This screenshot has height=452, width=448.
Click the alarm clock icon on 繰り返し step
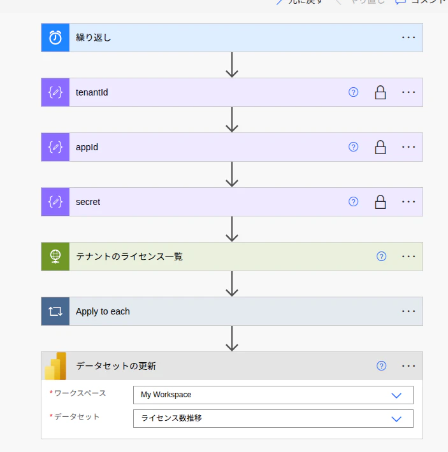[55, 38]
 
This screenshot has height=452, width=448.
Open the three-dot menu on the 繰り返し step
[408, 38]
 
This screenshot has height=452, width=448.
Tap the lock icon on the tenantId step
[380, 92]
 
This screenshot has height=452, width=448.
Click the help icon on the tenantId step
[354, 92]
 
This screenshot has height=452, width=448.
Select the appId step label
[87, 147]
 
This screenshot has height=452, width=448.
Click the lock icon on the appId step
[380, 147]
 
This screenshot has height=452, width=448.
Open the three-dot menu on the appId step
[408, 147]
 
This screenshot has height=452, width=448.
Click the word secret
[88, 202]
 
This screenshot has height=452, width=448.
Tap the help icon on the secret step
[354, 202]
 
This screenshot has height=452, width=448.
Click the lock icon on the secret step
[380, 202]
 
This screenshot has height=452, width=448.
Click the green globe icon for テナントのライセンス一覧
[55, 257]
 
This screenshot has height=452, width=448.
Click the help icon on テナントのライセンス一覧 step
[381, 257]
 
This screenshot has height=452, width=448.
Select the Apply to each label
[103, 311]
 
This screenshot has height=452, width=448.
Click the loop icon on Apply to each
[55, 311]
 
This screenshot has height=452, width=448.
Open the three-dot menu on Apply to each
[408, 311]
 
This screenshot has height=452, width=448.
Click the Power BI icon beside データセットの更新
[55, 366]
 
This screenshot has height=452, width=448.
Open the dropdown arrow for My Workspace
[396, 395]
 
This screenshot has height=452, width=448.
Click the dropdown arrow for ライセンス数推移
[396, 418]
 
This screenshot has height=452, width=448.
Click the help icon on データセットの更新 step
[381, 366]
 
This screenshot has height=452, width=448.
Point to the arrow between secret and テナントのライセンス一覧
[232, 229]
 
